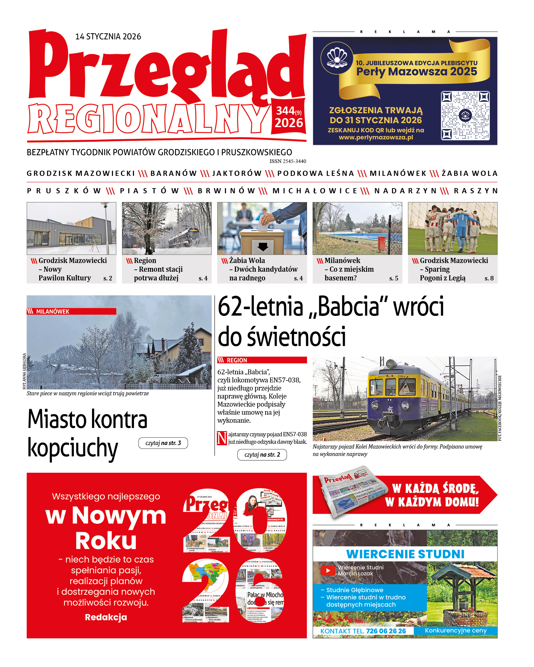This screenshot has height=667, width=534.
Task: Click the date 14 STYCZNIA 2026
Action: (108, 36)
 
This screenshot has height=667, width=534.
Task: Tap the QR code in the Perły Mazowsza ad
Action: (465, 115)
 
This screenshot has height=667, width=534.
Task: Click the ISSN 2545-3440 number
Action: (288, 161)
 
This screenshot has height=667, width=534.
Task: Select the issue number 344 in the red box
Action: (285, 111)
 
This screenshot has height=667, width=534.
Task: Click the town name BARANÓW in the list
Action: (174, 174)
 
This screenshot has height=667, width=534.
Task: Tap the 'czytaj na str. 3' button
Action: (163, 443)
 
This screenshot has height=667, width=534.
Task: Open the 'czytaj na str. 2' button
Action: (262, 455)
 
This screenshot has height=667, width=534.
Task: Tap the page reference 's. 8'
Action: (489, 278)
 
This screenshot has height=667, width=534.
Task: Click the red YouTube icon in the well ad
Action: (328, 570)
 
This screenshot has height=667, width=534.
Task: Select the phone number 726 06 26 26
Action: (386, 631)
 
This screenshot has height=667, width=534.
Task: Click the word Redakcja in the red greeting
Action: (106, 617)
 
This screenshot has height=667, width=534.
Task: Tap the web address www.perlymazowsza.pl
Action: (376, 137)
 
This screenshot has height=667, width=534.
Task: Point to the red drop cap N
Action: (222, 438)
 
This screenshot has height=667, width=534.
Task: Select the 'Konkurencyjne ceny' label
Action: (456, 631)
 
